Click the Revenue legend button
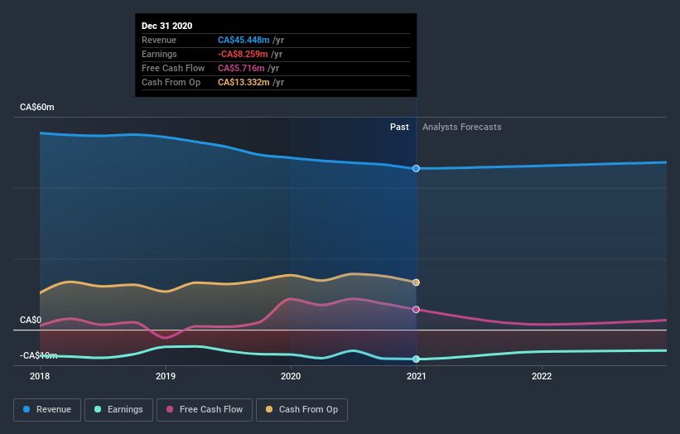(48, 409)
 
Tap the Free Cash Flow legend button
(205, 409)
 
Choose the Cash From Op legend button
(302, 409)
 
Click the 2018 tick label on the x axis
(40, 376)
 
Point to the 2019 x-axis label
(166, 376)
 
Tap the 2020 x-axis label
(291, 376)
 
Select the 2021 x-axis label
(416, 376)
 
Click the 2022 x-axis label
(542, 376)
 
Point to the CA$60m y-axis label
(37, 108)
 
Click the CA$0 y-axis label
(31, 320)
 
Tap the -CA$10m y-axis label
(39, 355)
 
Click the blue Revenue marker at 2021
(416, 168)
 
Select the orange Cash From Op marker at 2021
(416, 282)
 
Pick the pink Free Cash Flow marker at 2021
(416, 309)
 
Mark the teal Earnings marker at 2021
(416, 359)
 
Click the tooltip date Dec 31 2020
(166, 26)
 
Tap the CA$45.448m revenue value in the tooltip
(244, 40)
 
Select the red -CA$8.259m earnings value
(244, 54)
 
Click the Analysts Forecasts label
(461, 127)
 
